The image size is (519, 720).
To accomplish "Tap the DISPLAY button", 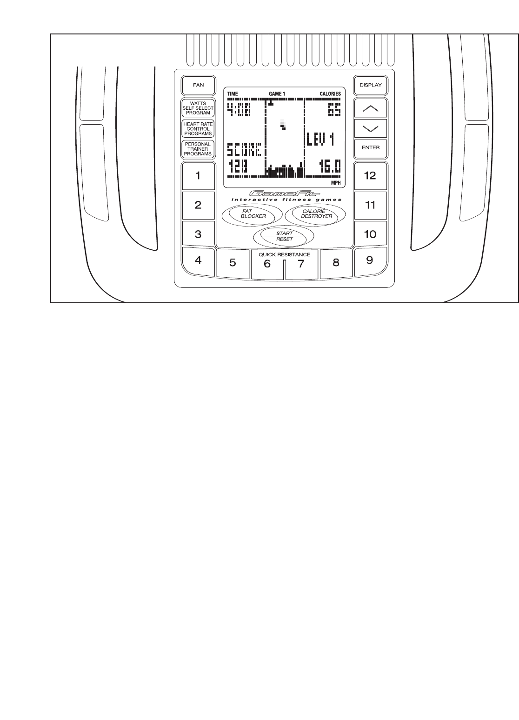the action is [x=370, y=85].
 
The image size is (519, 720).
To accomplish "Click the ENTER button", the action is [x=370, y=148].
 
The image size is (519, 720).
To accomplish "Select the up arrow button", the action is [x=370, y=108].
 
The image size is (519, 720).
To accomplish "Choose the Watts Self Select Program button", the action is [x=198, y=108].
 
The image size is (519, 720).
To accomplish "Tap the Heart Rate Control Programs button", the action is [x=198, y=129].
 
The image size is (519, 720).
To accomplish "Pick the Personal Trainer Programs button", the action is [x=198, y=149].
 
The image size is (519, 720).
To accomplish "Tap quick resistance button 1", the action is [x=198, y=176].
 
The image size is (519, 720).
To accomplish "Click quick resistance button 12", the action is [x=370, y=176].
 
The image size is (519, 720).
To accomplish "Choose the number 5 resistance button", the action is [x=233, y=263].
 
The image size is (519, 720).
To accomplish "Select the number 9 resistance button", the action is [x=370, y=260].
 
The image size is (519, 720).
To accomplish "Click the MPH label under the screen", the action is [x=336, y=183].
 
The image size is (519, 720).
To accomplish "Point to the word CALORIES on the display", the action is [x=330, y=94].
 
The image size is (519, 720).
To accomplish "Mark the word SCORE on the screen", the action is [x=244, y=151].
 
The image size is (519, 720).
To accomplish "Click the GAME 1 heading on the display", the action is [x=277, y=94].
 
